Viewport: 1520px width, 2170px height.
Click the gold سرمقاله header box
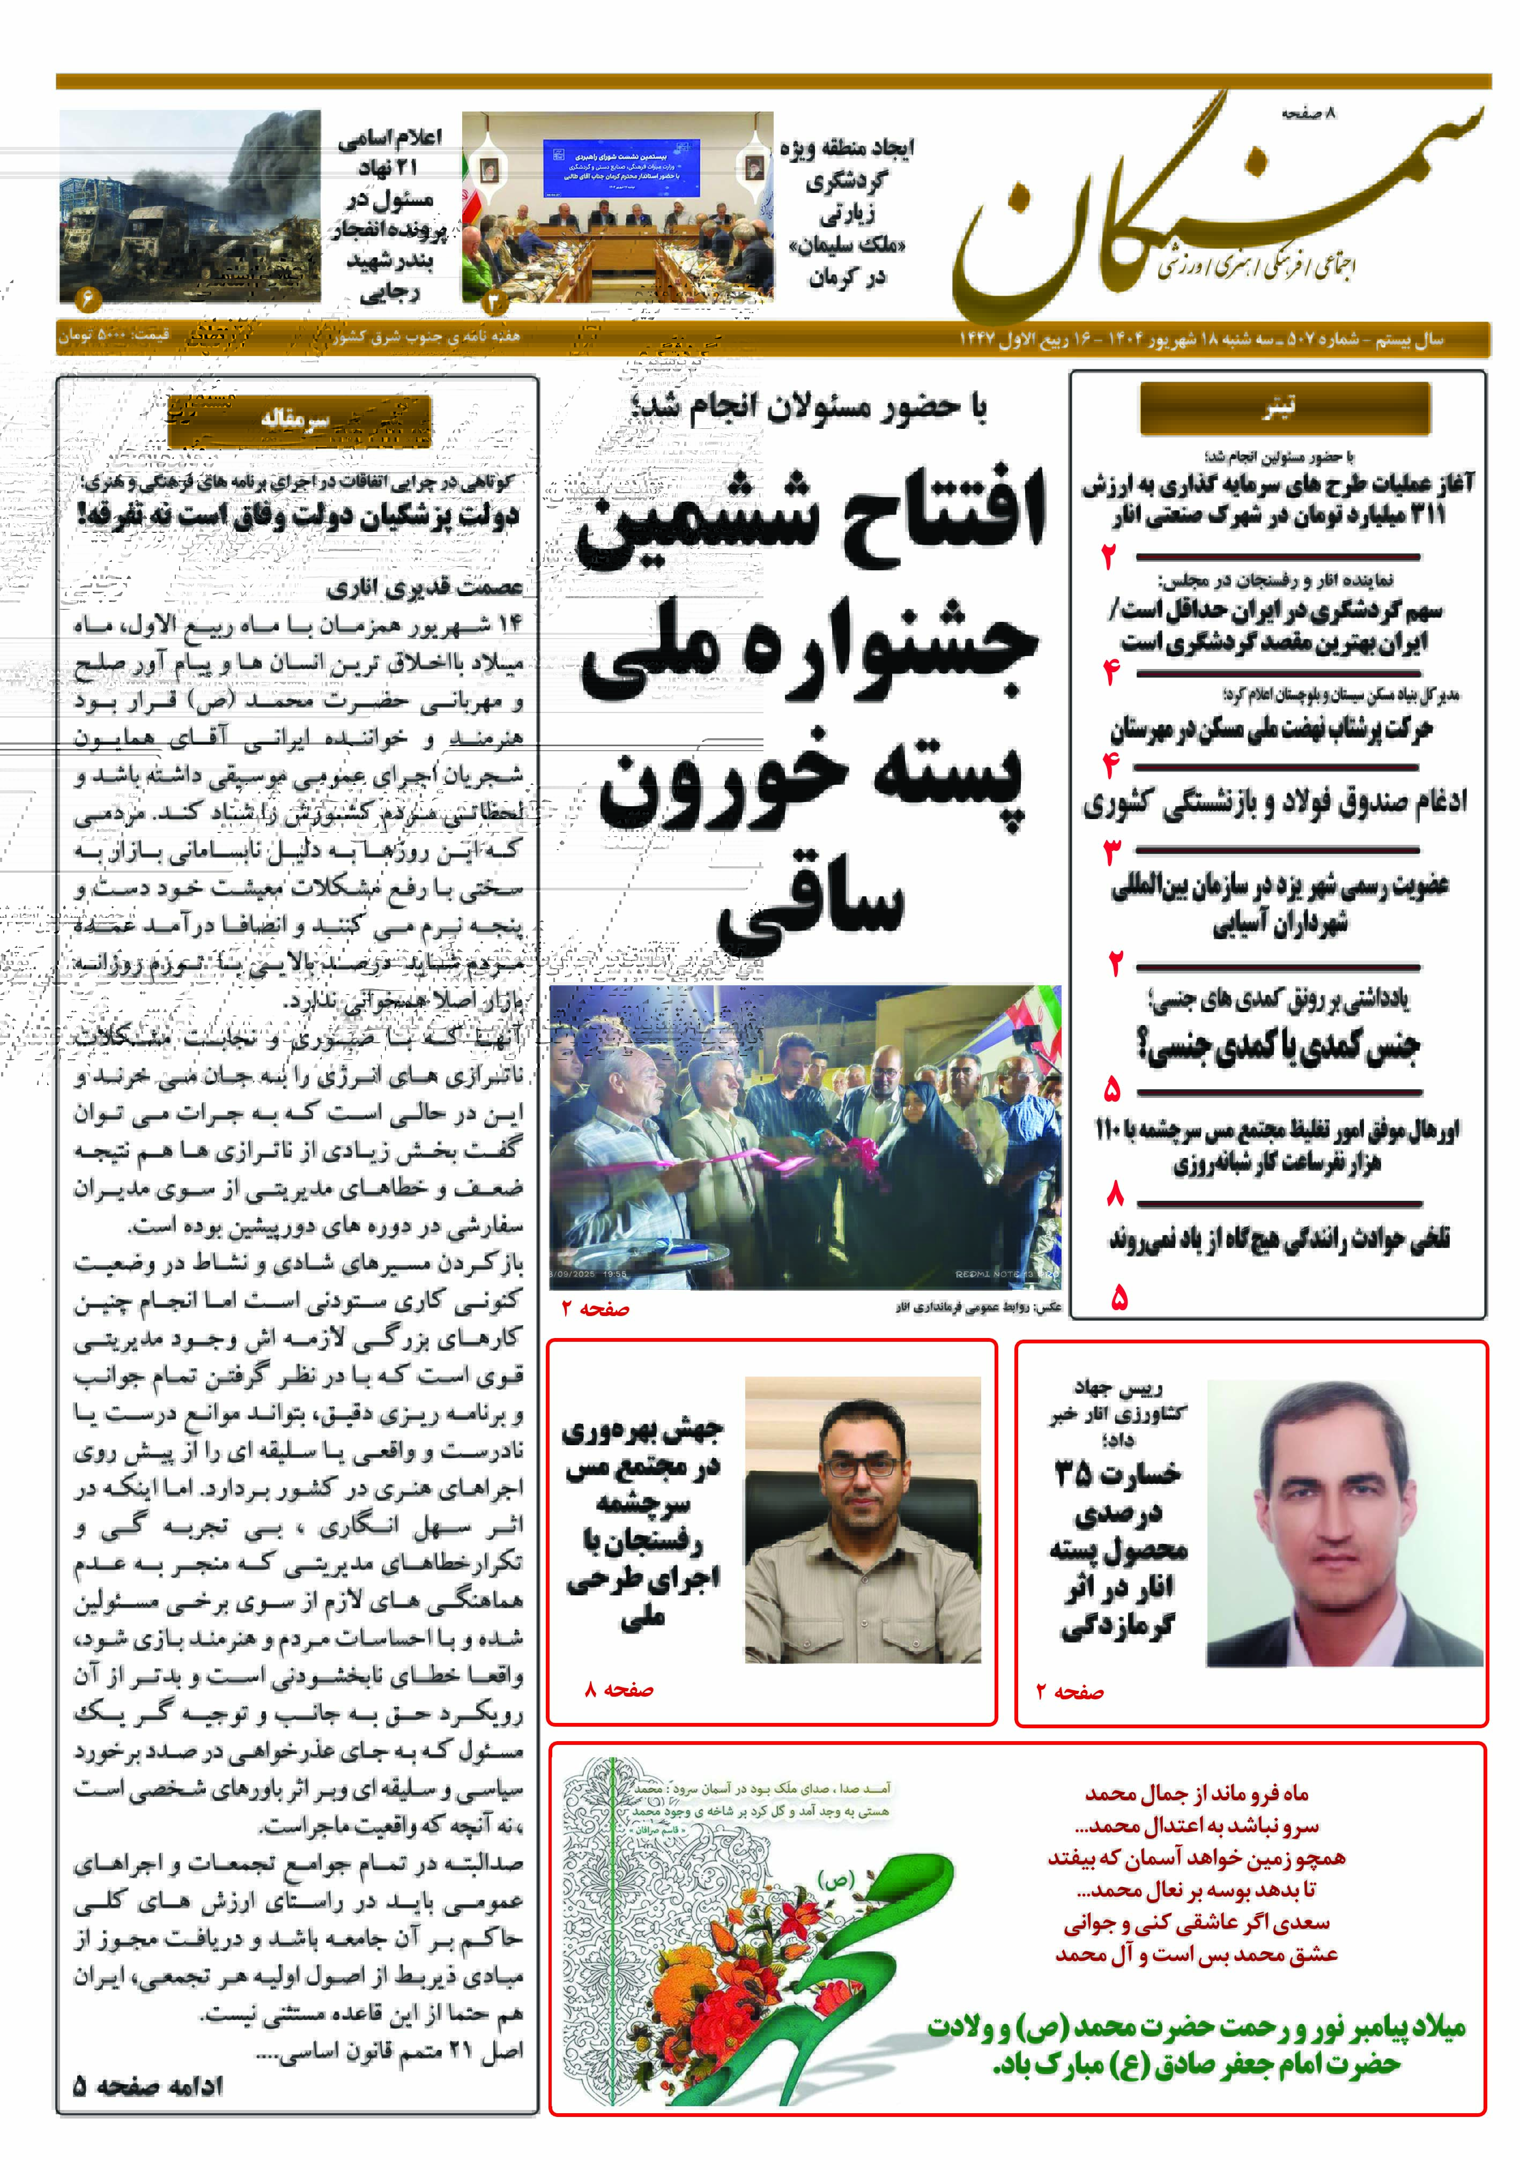[299, 421]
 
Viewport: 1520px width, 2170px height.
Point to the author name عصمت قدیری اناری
[425, 588]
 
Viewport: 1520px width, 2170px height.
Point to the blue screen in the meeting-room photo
[621, 167]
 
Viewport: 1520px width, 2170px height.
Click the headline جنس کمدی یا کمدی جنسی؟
[1278, 1045]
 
